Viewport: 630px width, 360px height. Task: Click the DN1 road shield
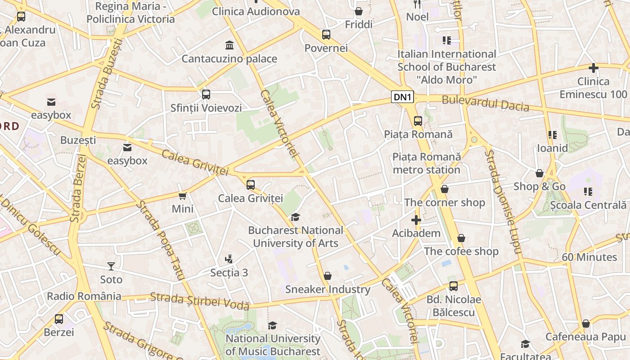tap(402, 97)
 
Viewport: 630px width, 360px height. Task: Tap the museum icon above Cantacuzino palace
tap(229, 45)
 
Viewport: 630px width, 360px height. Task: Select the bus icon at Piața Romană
tap(418, 121)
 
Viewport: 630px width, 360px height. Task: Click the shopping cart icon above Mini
tap(183, 196)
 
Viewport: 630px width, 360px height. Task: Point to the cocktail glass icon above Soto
tap(111, 266)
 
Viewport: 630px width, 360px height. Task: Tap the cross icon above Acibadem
tap(416, 220)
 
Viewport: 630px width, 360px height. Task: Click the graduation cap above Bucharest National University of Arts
tap(295, 217)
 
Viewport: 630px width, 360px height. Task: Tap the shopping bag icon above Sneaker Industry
tap(328, 276)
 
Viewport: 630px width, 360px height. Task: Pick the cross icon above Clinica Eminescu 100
tap(594, 68)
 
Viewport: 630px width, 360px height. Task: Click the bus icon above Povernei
tap(326, 34)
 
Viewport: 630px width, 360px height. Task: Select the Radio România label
tap(84, 296)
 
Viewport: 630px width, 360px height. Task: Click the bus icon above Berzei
tap(59, 319)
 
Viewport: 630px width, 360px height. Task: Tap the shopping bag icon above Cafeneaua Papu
tap(585, 324)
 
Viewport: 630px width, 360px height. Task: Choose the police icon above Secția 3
tap(229, 259)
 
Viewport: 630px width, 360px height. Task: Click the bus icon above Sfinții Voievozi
tap(206, 94)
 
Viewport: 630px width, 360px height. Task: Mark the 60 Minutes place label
tap(589, 257)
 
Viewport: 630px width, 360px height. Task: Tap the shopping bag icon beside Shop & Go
tap(539, 173)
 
